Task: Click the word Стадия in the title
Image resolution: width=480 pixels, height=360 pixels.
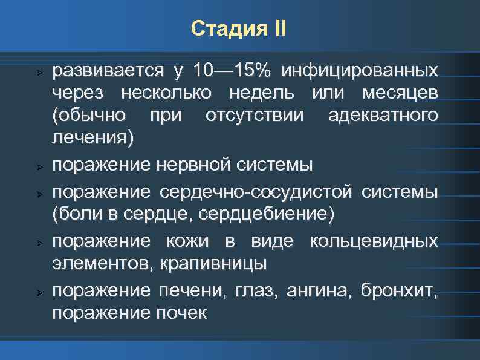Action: pos(224,28)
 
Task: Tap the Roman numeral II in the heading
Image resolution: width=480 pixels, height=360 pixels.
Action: pos(277,28)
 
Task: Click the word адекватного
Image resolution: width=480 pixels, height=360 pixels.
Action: pos(382,115)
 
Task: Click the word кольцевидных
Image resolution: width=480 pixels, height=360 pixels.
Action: pos(373,241)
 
